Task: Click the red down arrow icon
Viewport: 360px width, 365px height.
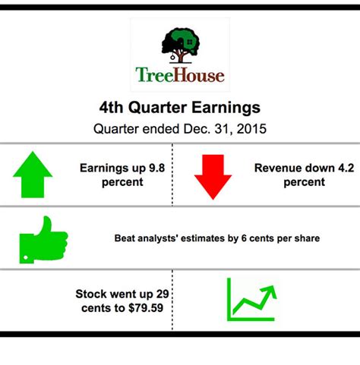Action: [x=212, y=177]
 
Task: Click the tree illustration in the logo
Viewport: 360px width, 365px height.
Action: [x=179, y=45]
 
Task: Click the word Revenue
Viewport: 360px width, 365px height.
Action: [x=278, y=168]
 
